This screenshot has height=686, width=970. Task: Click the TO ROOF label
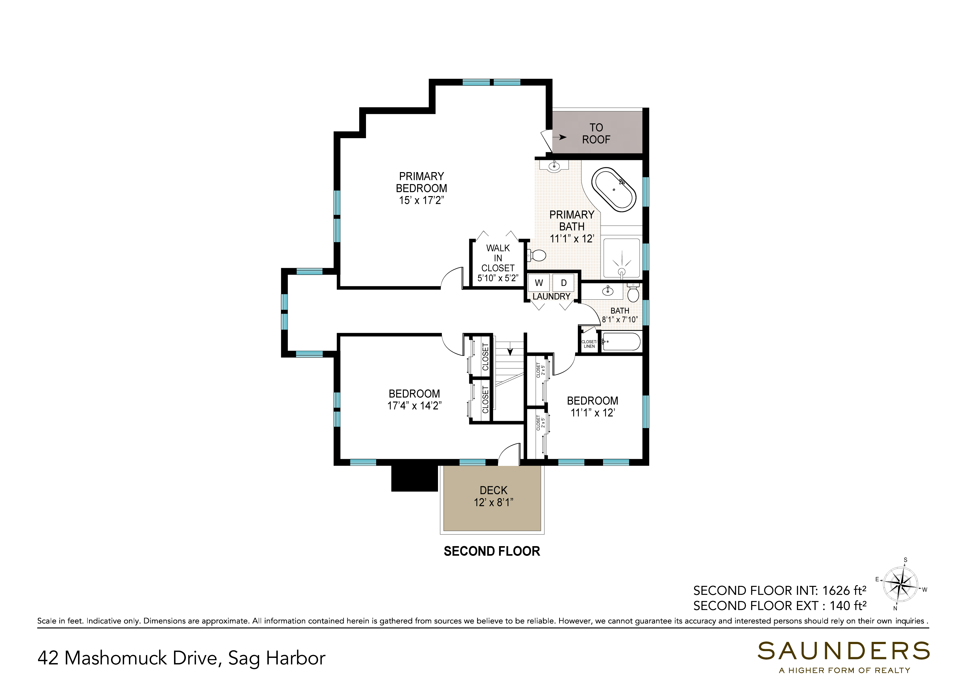tap(596, 134)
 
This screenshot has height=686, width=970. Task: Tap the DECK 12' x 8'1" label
tap(493, 496)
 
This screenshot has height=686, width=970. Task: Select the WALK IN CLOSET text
tap(498, 258)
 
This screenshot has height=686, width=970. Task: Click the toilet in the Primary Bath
tap(537, 255)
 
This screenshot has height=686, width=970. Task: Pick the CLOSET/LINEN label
tap(589, 344)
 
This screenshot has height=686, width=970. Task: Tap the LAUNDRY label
tap(551, 296)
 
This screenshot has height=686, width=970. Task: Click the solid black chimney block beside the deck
tap(414, 478)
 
